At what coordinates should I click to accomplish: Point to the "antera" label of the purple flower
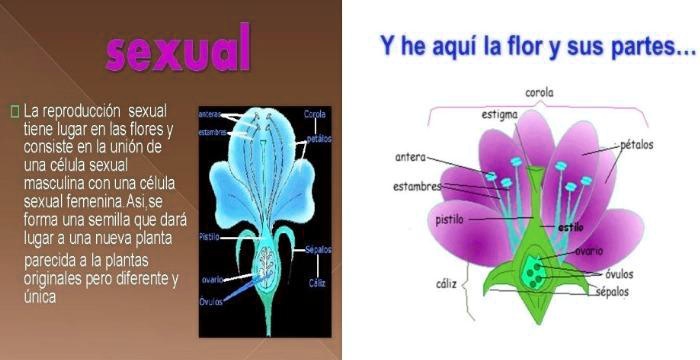pyautogui.click(x=411, y=157)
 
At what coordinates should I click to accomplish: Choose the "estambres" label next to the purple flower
pyautogui.click(x=418, y=186)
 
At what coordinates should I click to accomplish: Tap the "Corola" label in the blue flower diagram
pyautogui.click(x=315, y=113)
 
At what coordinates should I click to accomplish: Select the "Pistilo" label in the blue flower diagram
pyautogui.click(x=208, y=238)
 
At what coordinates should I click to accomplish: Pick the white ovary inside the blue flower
pyautogui.click(x=266, y=265)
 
